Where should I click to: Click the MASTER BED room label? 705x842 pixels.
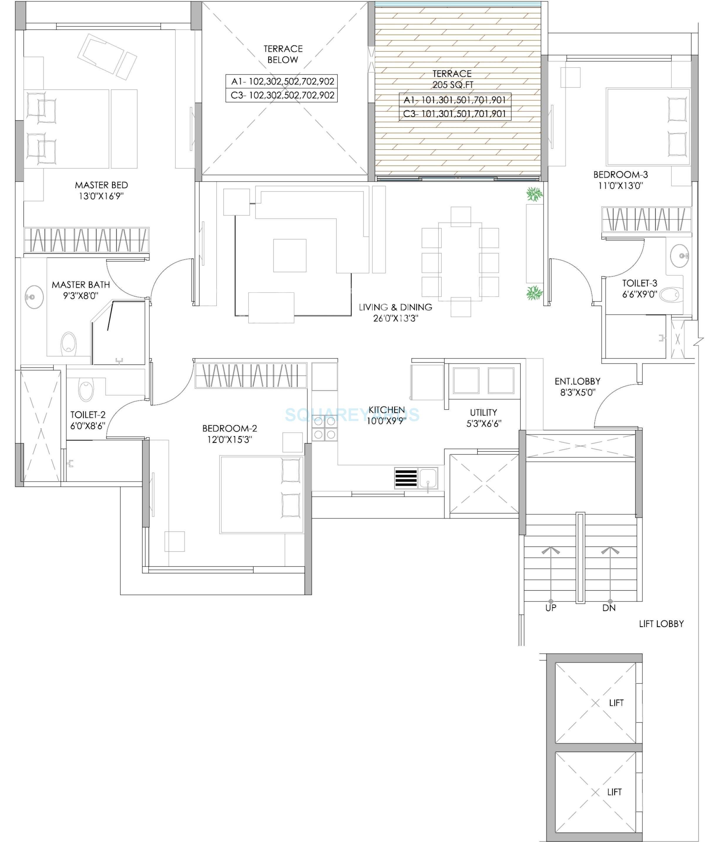[101, 185]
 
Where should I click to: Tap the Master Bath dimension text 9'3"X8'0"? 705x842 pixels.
[80, 296]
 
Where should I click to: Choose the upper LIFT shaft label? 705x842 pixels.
[616, 703]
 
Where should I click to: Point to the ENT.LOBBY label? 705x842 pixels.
[577, 381]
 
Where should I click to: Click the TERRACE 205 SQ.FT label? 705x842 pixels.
[452, 79]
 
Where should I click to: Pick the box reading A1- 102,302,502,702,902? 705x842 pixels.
[282, 82]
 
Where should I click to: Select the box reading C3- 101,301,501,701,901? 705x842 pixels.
[455, 114]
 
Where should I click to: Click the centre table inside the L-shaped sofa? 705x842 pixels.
[290, 255]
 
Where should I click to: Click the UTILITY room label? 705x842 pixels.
[484, 412]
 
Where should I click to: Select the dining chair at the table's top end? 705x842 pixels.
[460, 216]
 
